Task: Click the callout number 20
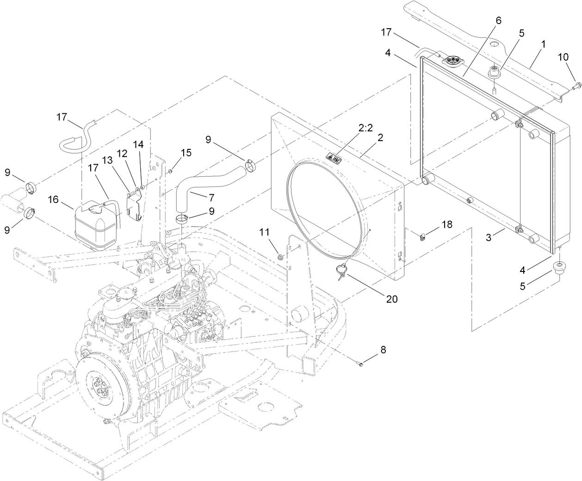(391, 299)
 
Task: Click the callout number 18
(447, 224)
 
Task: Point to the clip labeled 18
(423, 237)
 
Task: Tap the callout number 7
(211, 198)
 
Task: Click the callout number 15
(186, 152)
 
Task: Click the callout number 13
(107, 160)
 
